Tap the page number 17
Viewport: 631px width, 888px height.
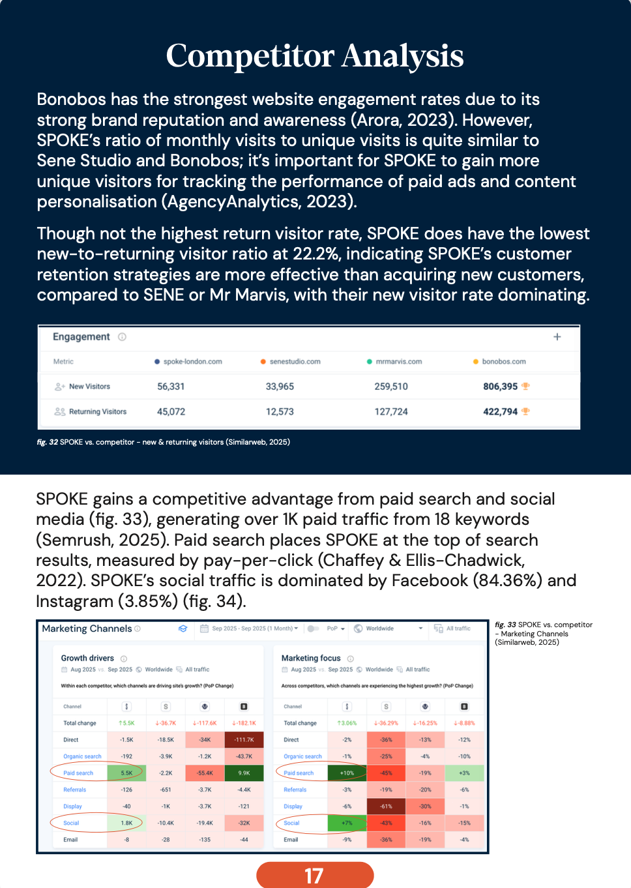pyautogui.click(x=314, y=876)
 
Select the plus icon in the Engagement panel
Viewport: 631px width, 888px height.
pyautogui.click(x=557, y=337)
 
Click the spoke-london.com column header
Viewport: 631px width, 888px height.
pyautogui.click(x=192, y=362)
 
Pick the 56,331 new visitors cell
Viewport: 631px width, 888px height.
pyautogui.click(x=171, y=387)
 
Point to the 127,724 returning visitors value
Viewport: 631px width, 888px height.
pyautogui.click(x=391, y=412)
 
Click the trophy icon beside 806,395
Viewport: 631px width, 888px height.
pyautogui.click(x=526, y=387)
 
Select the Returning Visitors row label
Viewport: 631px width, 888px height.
pyautogui.click(x=98, y=412)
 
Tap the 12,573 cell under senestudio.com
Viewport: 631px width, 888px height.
pyautogui.click(x=280, y=412)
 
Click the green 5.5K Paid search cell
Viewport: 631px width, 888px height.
pyautogui.click(x=126, y=773)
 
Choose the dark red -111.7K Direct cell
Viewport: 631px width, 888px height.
pyautogui.click(x=244, y=740)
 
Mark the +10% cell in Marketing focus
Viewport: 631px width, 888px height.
pyautogui.click(x=347, y=773)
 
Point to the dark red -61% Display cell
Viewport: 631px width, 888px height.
pyautogui.click(x=386, y=807)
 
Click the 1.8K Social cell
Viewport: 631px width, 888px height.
pyautogui.click(x=126, y=823)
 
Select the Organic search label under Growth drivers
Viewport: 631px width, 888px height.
pyautogui.click(x=82, y=757)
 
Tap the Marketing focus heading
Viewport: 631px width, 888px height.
pyautogui.click(x=311, y=659)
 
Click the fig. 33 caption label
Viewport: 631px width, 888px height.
pyautogui.click(x=505, y=625)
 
